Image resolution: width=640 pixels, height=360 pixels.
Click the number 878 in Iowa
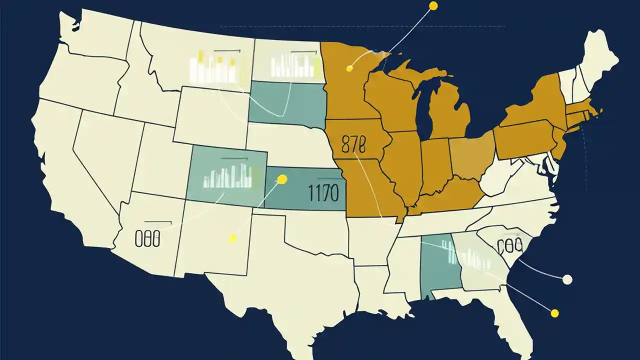click(x=353, y=144)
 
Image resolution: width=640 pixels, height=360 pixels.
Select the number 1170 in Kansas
click(x=323, y=192)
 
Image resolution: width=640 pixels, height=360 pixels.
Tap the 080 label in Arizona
click(x=147, y=239)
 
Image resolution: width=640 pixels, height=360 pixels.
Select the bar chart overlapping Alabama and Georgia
click(x=465, y=255)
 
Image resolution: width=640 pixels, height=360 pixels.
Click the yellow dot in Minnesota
click(x=350, y=68)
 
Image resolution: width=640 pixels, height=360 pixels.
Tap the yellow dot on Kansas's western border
click(x=282, y=179)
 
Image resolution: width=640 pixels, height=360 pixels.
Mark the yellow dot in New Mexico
click(x=232, y=239)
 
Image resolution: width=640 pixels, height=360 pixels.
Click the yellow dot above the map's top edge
click(x=433, y=6)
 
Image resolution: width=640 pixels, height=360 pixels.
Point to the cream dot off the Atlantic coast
click(x=567, y=279)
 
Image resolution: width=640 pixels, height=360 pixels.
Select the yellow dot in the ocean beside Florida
click(x=554, y=313)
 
